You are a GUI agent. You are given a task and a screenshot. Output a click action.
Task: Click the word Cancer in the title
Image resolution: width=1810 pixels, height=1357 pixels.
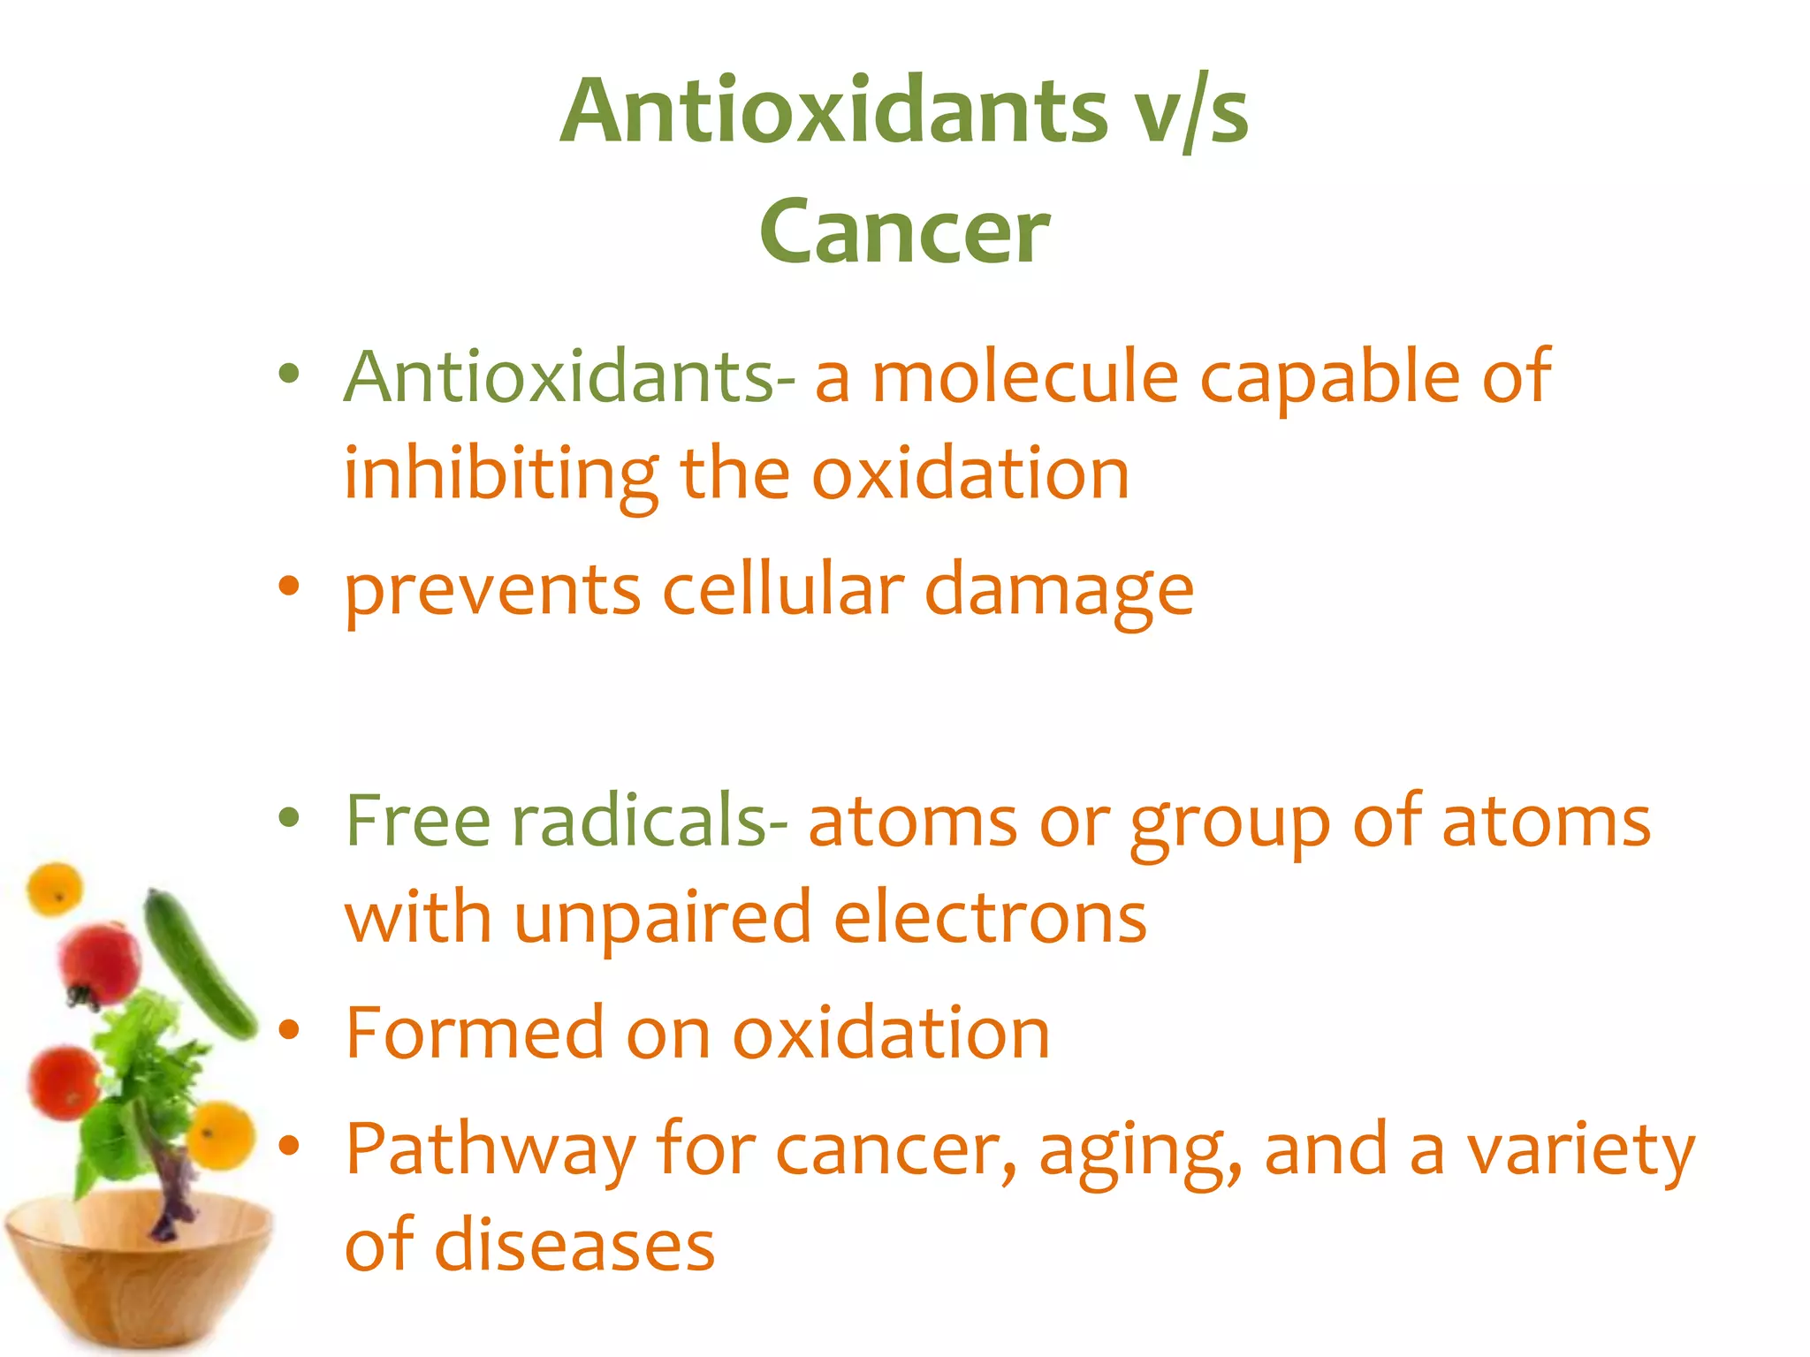904,231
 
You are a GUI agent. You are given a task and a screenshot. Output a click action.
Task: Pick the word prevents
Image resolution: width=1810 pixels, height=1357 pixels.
492,591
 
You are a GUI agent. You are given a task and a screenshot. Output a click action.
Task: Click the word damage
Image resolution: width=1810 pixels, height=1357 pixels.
1059,591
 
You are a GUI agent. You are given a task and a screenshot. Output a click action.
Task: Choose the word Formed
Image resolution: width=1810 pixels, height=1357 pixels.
474,1033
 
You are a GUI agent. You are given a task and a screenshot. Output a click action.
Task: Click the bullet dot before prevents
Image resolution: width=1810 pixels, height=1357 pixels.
289,586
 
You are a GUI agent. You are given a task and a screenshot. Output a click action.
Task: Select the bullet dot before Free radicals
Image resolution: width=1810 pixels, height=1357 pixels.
289,817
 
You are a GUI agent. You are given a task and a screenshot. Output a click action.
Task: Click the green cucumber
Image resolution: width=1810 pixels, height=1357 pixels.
199,963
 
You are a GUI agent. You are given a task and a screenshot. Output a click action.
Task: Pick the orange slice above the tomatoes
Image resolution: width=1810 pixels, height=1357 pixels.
55,889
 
